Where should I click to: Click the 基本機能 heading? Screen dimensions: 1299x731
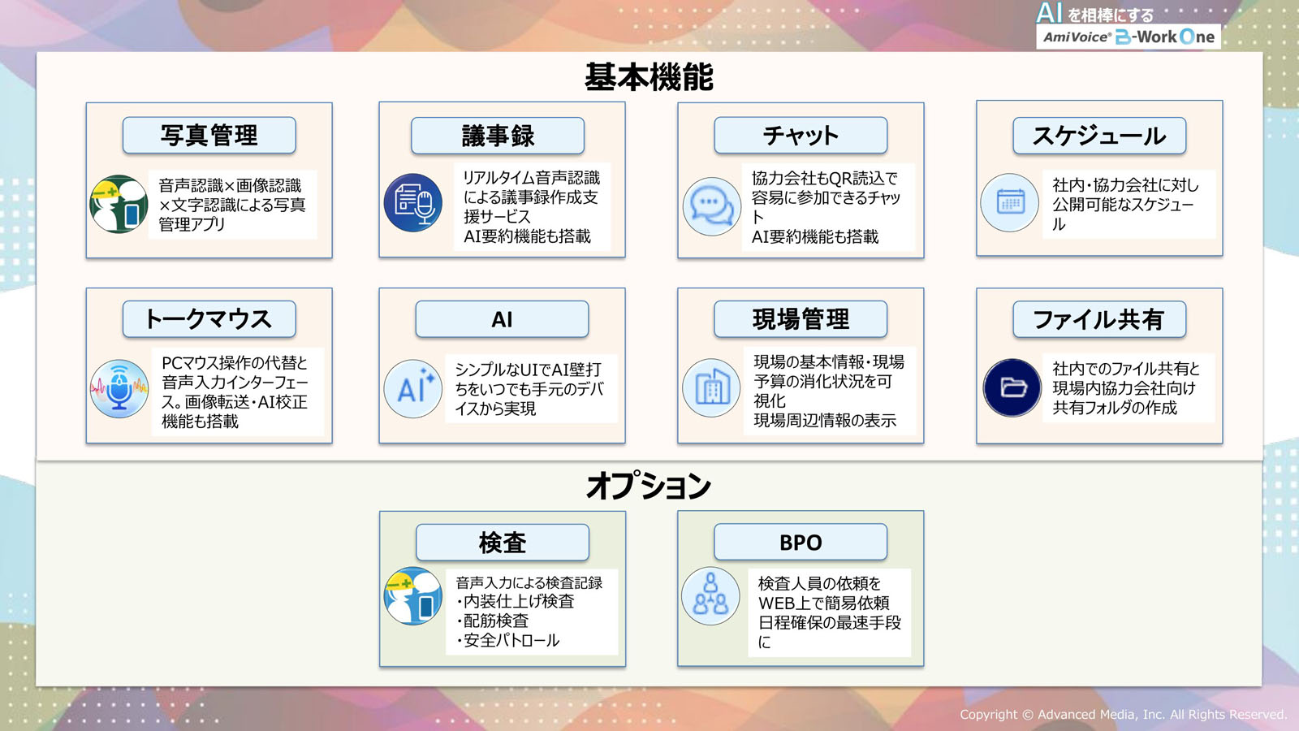point(649,77)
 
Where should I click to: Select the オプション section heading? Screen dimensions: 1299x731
point(649,486)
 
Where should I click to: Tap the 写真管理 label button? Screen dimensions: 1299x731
point(209,135)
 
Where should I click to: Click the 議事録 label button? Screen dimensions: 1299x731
point(498,136)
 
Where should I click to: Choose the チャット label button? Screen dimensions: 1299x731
point(801,135)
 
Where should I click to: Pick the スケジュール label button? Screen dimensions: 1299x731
point(1099,136)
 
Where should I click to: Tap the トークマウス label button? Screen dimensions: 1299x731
point(209,319)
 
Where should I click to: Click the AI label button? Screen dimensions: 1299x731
point(503,319)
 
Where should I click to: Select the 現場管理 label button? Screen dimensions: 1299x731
point(801,319)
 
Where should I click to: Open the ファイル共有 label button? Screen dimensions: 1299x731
point(1099,319)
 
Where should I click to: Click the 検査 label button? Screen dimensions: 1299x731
point(503,543)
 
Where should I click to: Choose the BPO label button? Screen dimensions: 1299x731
point(801,542)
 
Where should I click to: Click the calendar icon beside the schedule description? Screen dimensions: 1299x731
point(1010,202)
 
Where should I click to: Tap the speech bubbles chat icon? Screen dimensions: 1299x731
point(711,206)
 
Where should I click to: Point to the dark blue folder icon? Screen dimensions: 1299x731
point(1012,387)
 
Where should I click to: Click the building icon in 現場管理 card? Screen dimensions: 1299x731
point(711,388)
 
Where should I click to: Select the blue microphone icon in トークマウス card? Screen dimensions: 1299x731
point(119,389)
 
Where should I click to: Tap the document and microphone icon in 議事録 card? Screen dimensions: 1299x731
point(413,203)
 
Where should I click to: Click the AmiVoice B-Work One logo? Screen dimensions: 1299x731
point(1129,26)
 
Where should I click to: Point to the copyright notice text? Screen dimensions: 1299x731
point(1124,714)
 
